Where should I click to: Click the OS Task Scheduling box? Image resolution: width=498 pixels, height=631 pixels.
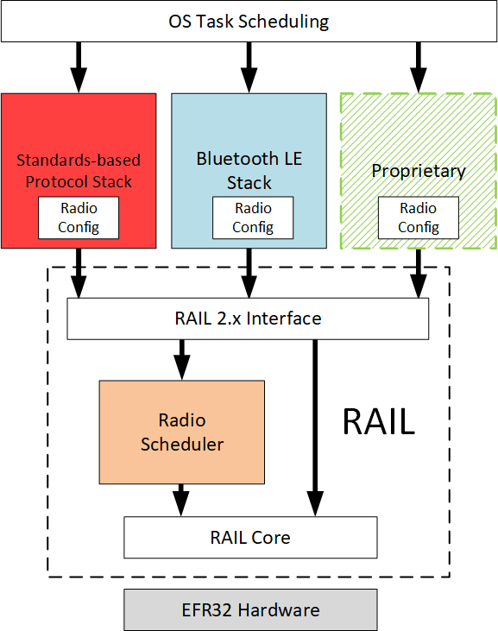coord(249,22)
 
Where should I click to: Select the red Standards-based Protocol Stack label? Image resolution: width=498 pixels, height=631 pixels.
coord(79,170)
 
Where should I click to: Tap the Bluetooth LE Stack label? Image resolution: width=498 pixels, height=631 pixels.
coord(249,170)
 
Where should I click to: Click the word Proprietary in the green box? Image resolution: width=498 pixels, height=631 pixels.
coord(419,171)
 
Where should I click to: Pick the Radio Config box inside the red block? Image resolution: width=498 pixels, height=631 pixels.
coord(79,218)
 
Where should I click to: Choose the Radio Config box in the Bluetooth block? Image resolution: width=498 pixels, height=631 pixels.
coord(252,218)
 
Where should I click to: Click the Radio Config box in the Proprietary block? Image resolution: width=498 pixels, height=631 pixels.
coord(419,218)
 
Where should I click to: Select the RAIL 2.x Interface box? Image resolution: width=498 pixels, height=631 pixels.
coord(249,319)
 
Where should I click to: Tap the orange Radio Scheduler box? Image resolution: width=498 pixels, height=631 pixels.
coord(181,432)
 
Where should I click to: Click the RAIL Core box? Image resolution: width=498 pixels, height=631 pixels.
coord(250,538)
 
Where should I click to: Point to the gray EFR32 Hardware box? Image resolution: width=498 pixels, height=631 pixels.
coord(250,610)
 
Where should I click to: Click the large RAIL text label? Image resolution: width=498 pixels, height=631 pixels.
coord(378,421)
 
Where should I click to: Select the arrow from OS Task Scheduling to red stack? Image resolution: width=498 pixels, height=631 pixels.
coord(79,66)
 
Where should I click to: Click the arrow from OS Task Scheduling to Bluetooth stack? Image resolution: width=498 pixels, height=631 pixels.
coord(249,66)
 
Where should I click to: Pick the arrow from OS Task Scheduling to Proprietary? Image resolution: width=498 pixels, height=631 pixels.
coord(419,66)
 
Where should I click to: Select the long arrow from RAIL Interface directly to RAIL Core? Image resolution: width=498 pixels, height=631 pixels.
coord(315,423)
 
